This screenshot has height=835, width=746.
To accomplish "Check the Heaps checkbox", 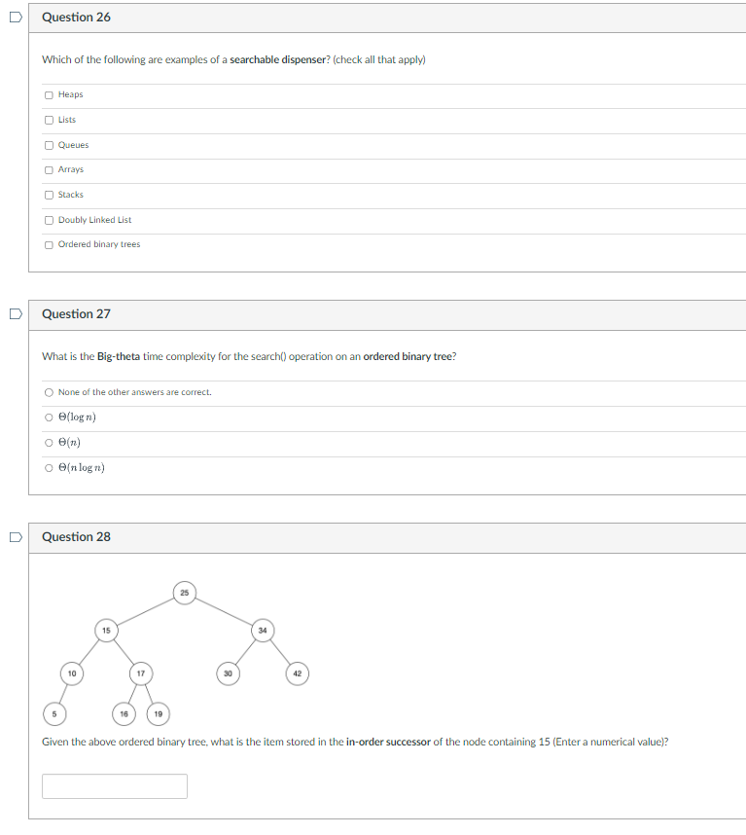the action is click(49, 94).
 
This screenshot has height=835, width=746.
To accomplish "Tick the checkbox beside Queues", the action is click(49, 145).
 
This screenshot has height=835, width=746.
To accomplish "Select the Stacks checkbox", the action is click(49, 195).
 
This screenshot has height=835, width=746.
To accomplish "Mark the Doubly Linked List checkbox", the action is click(49, 220).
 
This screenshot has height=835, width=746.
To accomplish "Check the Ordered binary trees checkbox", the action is click(49, 245).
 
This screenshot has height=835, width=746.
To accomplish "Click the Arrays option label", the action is click(71, 169).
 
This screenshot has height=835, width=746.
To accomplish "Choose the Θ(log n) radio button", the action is click(49, 417).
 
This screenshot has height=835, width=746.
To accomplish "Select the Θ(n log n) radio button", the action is click(49, 468).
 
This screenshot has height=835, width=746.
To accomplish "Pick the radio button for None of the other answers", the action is click(49, 392).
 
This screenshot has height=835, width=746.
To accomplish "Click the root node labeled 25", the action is click(185, 593).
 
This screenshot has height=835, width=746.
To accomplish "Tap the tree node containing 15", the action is click(106, 631).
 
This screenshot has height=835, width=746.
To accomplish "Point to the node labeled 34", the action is click(263, 631).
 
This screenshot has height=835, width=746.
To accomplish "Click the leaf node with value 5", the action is click(54, 713).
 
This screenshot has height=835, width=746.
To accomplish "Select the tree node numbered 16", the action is click(124, 713).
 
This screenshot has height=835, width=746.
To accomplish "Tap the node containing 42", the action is click(298, 673).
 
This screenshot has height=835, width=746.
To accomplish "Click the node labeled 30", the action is click(228, 673).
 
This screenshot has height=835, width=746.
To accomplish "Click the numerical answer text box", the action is click(115, 786).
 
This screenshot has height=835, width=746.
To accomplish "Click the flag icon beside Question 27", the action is click(16, 314).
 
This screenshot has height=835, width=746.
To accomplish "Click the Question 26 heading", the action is click(76, 18).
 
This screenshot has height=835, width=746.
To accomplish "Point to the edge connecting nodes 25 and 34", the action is click(224, 612).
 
